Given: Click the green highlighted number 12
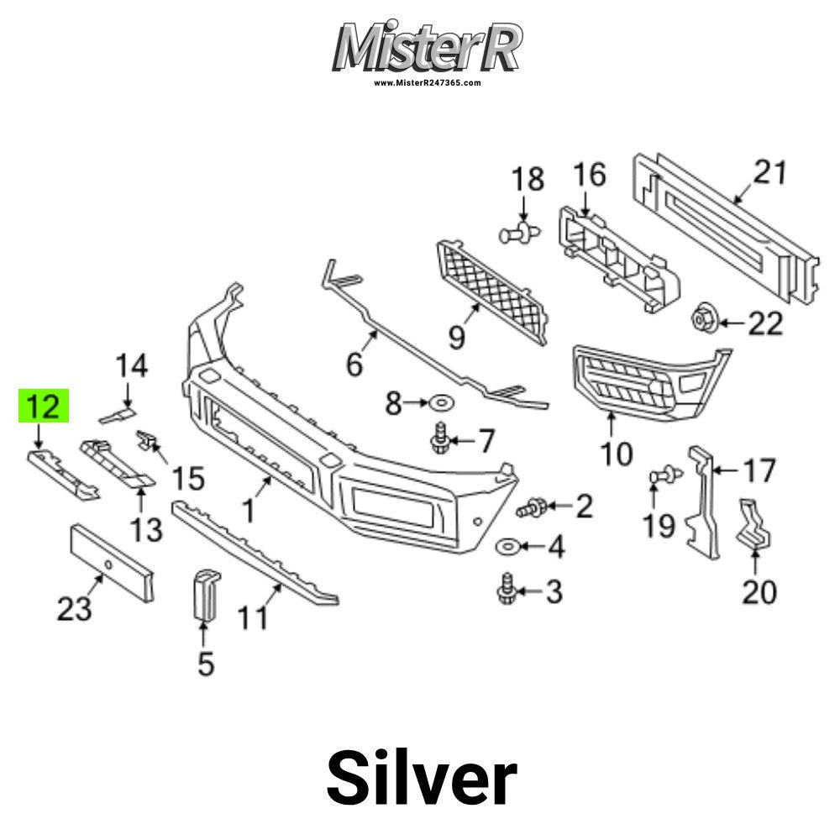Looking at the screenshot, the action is pyautogui.click(x=44, y=406).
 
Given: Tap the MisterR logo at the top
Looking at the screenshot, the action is pyautogui.click(x=427, y=48).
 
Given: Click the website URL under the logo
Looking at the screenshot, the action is pyautogui.click(x=427, y=83).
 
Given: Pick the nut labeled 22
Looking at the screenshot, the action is pyautogui.click(x=701, y=320).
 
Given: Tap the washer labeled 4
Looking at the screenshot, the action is pyautogui.click(x=507, y=547).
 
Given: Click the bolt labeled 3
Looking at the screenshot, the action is pyautogui.click(x=507, y=590).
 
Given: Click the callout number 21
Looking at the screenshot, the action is pyautogui.click(x=769, y=174).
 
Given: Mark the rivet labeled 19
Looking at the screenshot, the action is pyautogui.click(x=666, y=475).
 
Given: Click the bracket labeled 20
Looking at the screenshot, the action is pyautogui.click(x=755, y=526).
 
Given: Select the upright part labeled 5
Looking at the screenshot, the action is pyautogui.click(x=205, y=594).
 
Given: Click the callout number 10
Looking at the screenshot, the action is pyautogui.click(x=616, y=454).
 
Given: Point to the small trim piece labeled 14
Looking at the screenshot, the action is pyautogui.click(x=117, y=413).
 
